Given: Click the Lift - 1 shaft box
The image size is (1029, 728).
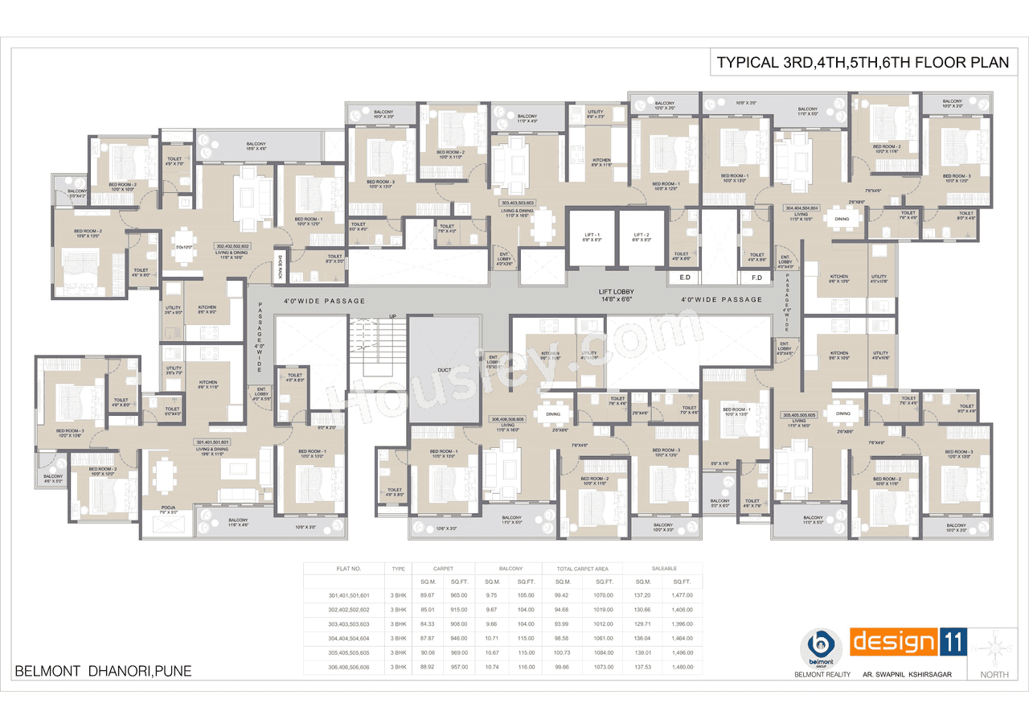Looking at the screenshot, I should (592, 237).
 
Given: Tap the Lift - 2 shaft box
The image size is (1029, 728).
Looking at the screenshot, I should (642, 237).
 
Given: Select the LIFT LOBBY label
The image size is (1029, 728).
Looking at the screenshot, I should (617, 294).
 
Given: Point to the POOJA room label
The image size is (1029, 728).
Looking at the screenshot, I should (168, 508).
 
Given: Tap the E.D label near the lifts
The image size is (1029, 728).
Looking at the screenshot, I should (686, 278).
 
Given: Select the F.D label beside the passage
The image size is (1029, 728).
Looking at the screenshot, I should (756, 278).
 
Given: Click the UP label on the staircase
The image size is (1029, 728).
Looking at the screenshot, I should (393, 316).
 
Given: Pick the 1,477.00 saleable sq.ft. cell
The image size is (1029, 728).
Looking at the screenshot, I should (682, 595).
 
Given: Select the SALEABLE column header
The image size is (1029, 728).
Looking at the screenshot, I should (662, 568).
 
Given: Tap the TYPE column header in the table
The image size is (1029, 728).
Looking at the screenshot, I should (398, 568).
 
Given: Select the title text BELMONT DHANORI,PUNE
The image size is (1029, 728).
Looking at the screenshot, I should (103, 671).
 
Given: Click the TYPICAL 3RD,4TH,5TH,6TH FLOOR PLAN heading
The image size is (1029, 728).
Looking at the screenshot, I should (863, 63).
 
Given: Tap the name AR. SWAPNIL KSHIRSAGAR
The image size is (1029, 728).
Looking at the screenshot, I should (906, 674).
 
